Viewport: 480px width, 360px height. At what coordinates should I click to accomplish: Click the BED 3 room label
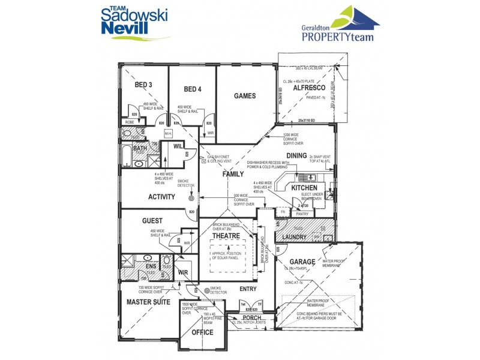click(143, 85)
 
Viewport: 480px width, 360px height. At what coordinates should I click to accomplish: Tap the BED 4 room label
click(192, 89)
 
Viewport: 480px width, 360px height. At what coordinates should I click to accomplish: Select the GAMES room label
click(245, 96)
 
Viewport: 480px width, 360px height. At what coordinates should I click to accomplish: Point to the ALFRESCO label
click(309, 88)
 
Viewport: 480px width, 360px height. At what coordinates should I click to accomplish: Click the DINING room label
click(296, 156)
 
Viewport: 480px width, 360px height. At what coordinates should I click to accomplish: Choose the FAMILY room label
click(233, 174)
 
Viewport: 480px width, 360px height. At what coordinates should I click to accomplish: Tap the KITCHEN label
click(304, 188)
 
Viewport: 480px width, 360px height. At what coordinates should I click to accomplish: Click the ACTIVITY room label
click(161, 197)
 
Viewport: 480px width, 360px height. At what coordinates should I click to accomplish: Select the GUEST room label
click(152, 221)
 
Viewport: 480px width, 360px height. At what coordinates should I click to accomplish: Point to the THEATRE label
click(226, 236)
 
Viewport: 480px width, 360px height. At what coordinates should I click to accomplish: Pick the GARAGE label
click(302, 262)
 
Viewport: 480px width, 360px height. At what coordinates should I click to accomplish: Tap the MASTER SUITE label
click(148, 302)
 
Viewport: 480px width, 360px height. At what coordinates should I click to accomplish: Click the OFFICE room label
click(202, 332)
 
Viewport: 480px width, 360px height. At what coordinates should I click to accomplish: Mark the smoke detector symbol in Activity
click(192, 198)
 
